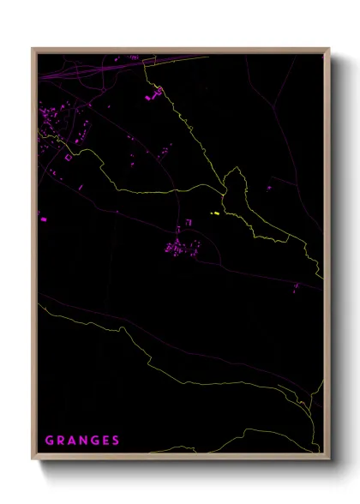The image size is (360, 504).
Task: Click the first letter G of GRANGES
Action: coord(49,441)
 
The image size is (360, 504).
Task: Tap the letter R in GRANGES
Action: coord(61,441)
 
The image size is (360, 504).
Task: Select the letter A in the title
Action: coord(73,441)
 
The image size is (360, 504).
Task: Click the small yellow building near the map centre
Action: coord(216,213)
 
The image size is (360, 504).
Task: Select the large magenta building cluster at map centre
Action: coord(181,248)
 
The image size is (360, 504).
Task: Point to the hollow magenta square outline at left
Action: coord(69,157)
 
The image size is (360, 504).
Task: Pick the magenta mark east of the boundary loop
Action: coord(268,188)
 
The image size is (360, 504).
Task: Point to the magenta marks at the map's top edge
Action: coord(134,58)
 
